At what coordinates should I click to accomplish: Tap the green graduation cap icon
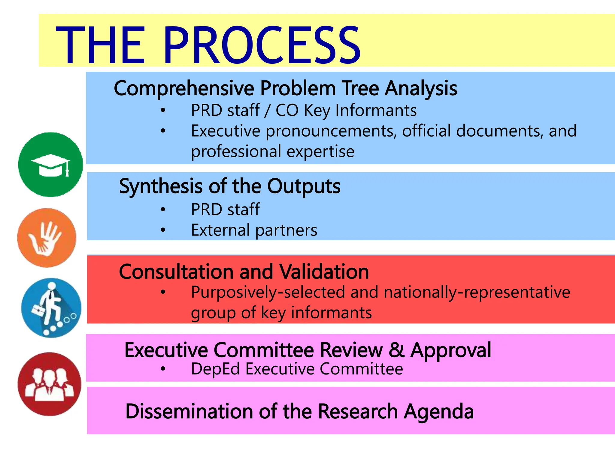coord(50,165)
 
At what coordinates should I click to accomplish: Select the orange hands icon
coord(47,238)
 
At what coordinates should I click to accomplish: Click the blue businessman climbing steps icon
coord(51,307)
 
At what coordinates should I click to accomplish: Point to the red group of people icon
coord(50,384)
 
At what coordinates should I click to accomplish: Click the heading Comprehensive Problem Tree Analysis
coord(285,88)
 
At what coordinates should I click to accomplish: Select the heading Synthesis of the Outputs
coord(230,186)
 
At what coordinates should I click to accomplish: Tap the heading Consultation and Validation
coord(244,272)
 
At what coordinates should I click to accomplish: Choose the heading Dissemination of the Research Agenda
coord(299,411)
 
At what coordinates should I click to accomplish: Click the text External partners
coord(254,230)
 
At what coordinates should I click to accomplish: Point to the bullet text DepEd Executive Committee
coord(297,369)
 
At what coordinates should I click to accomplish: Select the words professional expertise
coord(273,151)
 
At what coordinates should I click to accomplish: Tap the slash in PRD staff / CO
coord(267,111)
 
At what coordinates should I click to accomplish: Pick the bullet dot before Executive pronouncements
coord(163,131)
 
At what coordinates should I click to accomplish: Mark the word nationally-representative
coord(477,292)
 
